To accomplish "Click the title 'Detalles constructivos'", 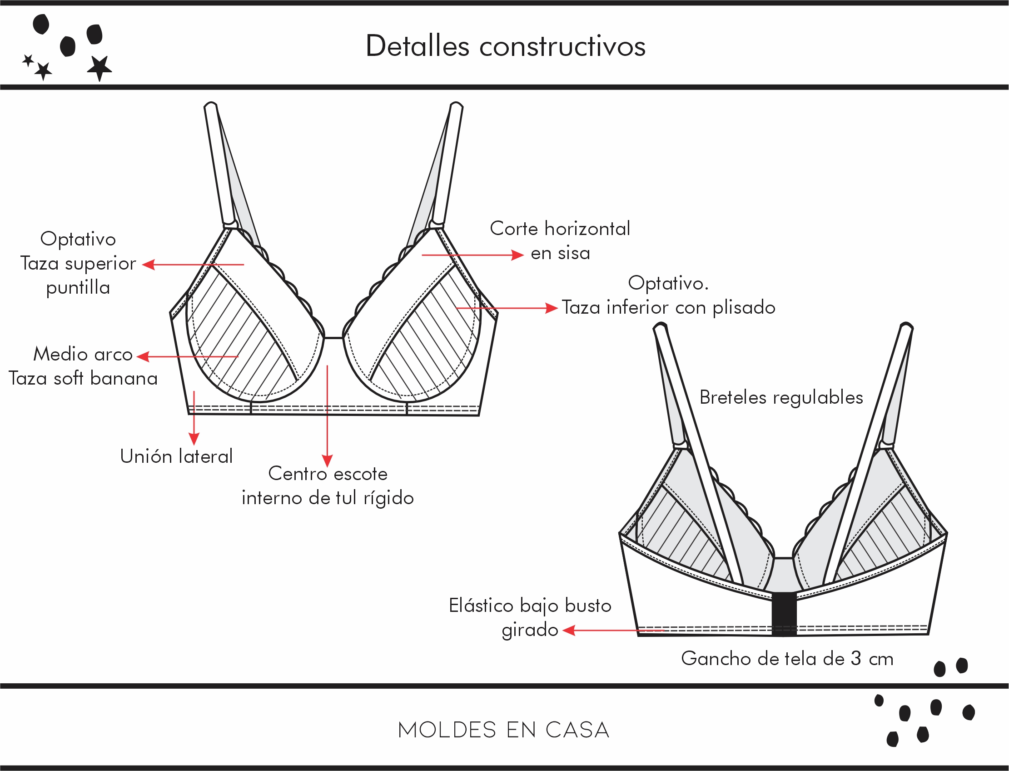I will [505, 46].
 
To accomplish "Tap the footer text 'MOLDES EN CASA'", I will [503, 730].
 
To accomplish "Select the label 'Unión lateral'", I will [176, 456].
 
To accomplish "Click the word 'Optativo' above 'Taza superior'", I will [78, 239].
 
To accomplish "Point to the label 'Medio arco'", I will [83, 354].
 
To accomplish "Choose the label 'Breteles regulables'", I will [780, 397].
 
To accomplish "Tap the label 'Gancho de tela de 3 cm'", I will [787, 659].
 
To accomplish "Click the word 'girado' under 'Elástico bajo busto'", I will [530, 630].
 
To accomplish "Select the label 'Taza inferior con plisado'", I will [668, 307].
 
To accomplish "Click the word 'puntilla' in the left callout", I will [78, 288].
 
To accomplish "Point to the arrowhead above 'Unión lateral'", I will [194, 438].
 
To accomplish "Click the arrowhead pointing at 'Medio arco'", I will [143, 356].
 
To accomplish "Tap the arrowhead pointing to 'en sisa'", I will [518, 255].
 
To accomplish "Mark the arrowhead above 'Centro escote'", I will [327, 461].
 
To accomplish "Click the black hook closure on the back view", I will [784, 614].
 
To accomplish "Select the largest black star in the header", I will [99, 67].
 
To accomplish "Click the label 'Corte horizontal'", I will [560, 229].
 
